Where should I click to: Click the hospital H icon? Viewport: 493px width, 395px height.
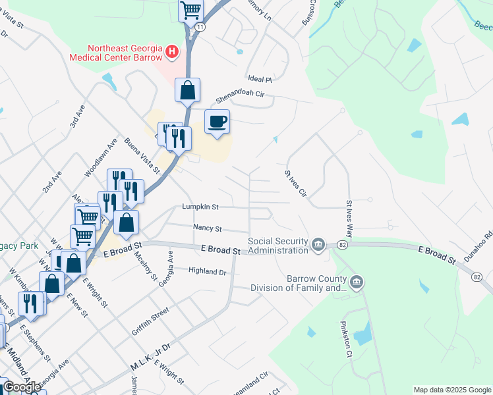point(172,51)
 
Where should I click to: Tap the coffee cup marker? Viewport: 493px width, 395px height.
point(217,122)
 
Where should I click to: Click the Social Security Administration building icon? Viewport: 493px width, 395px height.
point(318,246)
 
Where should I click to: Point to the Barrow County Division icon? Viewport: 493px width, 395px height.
point(357,282)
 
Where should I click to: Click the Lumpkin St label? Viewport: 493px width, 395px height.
point(200,207)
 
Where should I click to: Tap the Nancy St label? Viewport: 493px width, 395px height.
point(208,228)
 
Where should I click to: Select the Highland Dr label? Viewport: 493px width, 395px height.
point(207,271)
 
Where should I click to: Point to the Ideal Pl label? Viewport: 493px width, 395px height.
point(260,78)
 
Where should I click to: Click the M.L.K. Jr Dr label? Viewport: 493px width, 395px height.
point(150,355)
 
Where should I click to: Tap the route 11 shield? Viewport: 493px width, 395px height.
point(200,26)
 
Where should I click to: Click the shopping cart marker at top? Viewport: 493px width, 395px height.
point(190,10)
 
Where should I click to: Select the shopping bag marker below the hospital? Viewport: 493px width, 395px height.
point(187,90)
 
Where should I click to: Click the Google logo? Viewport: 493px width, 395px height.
point(22,387)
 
